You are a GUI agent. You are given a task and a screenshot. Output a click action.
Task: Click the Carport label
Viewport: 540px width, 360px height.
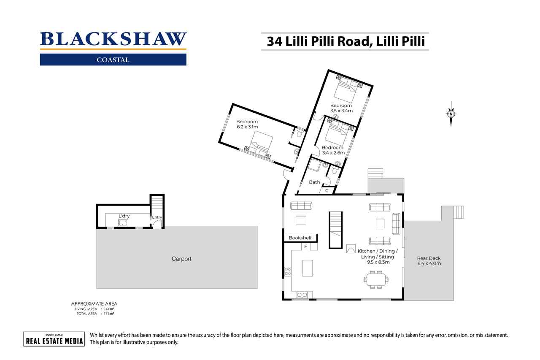click(181, 259)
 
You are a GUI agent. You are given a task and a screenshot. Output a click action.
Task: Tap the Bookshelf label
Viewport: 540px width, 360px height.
click(300, 238)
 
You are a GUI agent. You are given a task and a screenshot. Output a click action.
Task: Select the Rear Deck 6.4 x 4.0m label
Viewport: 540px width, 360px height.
click(429, 261)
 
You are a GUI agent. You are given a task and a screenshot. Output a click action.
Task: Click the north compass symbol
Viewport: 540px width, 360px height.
click(451, 114)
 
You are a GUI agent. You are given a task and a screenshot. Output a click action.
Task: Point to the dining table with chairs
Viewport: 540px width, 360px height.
click(376, 280)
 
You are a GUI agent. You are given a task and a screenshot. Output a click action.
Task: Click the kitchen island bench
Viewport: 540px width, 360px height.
click(308, 268)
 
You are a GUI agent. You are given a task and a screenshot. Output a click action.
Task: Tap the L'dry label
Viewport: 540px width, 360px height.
click(124, 216)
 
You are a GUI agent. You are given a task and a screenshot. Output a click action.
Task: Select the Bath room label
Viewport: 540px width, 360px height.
click(314, 182)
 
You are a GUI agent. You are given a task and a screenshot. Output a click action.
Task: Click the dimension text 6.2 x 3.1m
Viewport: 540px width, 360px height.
click(247, 127)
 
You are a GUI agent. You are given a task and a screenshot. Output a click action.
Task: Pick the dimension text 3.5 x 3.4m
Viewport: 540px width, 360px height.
click(341, 111)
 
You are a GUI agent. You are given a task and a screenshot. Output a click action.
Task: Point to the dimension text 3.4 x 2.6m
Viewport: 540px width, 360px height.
click(333, 153)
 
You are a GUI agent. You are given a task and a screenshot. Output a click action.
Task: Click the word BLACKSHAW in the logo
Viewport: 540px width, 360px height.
click(113, 39)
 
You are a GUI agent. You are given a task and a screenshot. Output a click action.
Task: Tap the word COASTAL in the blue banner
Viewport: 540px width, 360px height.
click(113, 60)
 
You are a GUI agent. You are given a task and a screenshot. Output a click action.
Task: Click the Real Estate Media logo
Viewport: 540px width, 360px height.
click(54, 339)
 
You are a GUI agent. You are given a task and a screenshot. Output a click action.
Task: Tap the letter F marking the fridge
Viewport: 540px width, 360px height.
click(306, 246)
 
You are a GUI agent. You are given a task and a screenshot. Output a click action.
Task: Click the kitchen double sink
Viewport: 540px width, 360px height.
click(302, 295)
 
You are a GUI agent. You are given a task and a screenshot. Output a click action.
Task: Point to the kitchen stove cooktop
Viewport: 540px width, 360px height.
click(288, 271)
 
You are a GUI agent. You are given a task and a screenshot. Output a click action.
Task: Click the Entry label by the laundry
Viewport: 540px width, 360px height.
click(157, 217)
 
